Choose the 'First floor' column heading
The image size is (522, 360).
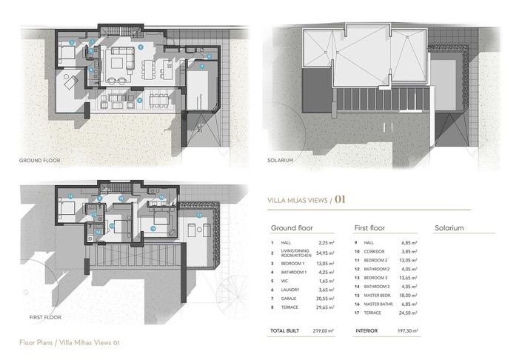point(371,228)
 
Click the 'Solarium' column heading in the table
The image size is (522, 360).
point(449,228)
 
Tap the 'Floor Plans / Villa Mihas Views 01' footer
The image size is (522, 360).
point(70,343)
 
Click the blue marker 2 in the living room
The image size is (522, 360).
point(141,47)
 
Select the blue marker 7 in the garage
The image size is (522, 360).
point(201,66)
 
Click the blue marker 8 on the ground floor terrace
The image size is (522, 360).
point(139,99)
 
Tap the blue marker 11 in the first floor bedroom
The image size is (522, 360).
point(70,196)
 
